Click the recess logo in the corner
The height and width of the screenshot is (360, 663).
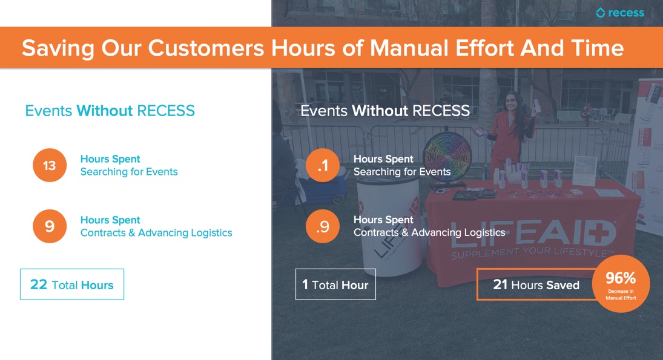[620, 13]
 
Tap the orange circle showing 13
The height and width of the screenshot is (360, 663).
[50, 165]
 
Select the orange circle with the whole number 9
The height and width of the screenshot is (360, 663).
[50, 226]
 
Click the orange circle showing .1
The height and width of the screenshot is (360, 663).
[323, 165]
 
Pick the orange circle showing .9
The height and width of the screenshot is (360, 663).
[323, 226]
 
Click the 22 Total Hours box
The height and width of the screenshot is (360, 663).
[72, 284]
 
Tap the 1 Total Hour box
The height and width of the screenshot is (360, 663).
[335, 284]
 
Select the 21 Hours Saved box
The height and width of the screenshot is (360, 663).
[536, 284]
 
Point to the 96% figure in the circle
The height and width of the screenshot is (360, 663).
[620, 278]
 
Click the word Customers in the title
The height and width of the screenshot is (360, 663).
[206, 48]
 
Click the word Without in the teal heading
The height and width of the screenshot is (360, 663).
[104, 111]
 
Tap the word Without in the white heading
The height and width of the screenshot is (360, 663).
[380, 111]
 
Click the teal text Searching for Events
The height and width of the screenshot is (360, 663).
[129, 172]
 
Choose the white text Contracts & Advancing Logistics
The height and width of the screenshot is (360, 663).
[429, 232]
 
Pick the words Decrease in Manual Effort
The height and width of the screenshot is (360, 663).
[621, 295]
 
